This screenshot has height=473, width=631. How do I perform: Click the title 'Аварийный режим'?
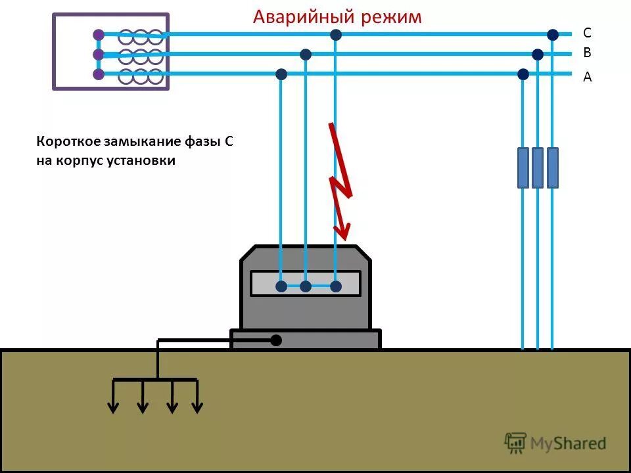(x=337, y=16)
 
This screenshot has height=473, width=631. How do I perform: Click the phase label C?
(x=587, y=33)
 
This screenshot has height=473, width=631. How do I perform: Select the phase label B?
(x=587, y=53)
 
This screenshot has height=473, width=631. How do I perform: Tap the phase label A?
(x=587, y=77)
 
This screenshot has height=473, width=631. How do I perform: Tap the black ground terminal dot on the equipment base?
(x=276, y=340)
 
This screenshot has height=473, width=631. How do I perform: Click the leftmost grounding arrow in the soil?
(x=114, y=397)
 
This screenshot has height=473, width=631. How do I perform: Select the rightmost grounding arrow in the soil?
(x=197, y=397)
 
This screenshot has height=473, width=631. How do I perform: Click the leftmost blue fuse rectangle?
(x=523, y=168)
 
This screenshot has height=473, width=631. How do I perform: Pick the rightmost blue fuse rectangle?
(x=553, y=168)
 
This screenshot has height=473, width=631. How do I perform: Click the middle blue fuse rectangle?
(x=538, y=168)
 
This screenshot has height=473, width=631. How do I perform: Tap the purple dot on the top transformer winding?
(x=99, y=34)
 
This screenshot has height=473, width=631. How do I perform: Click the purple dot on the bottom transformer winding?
(x=99, y=74)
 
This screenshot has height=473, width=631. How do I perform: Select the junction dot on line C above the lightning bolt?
(x=336, y=34)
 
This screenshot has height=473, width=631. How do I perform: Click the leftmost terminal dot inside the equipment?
(x=281, y=286)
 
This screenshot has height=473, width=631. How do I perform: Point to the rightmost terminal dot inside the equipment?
(x=336, y=286)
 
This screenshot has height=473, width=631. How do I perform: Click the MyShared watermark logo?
(x=555, y=443)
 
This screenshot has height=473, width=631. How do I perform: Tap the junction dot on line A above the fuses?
(x=523, y=74)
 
